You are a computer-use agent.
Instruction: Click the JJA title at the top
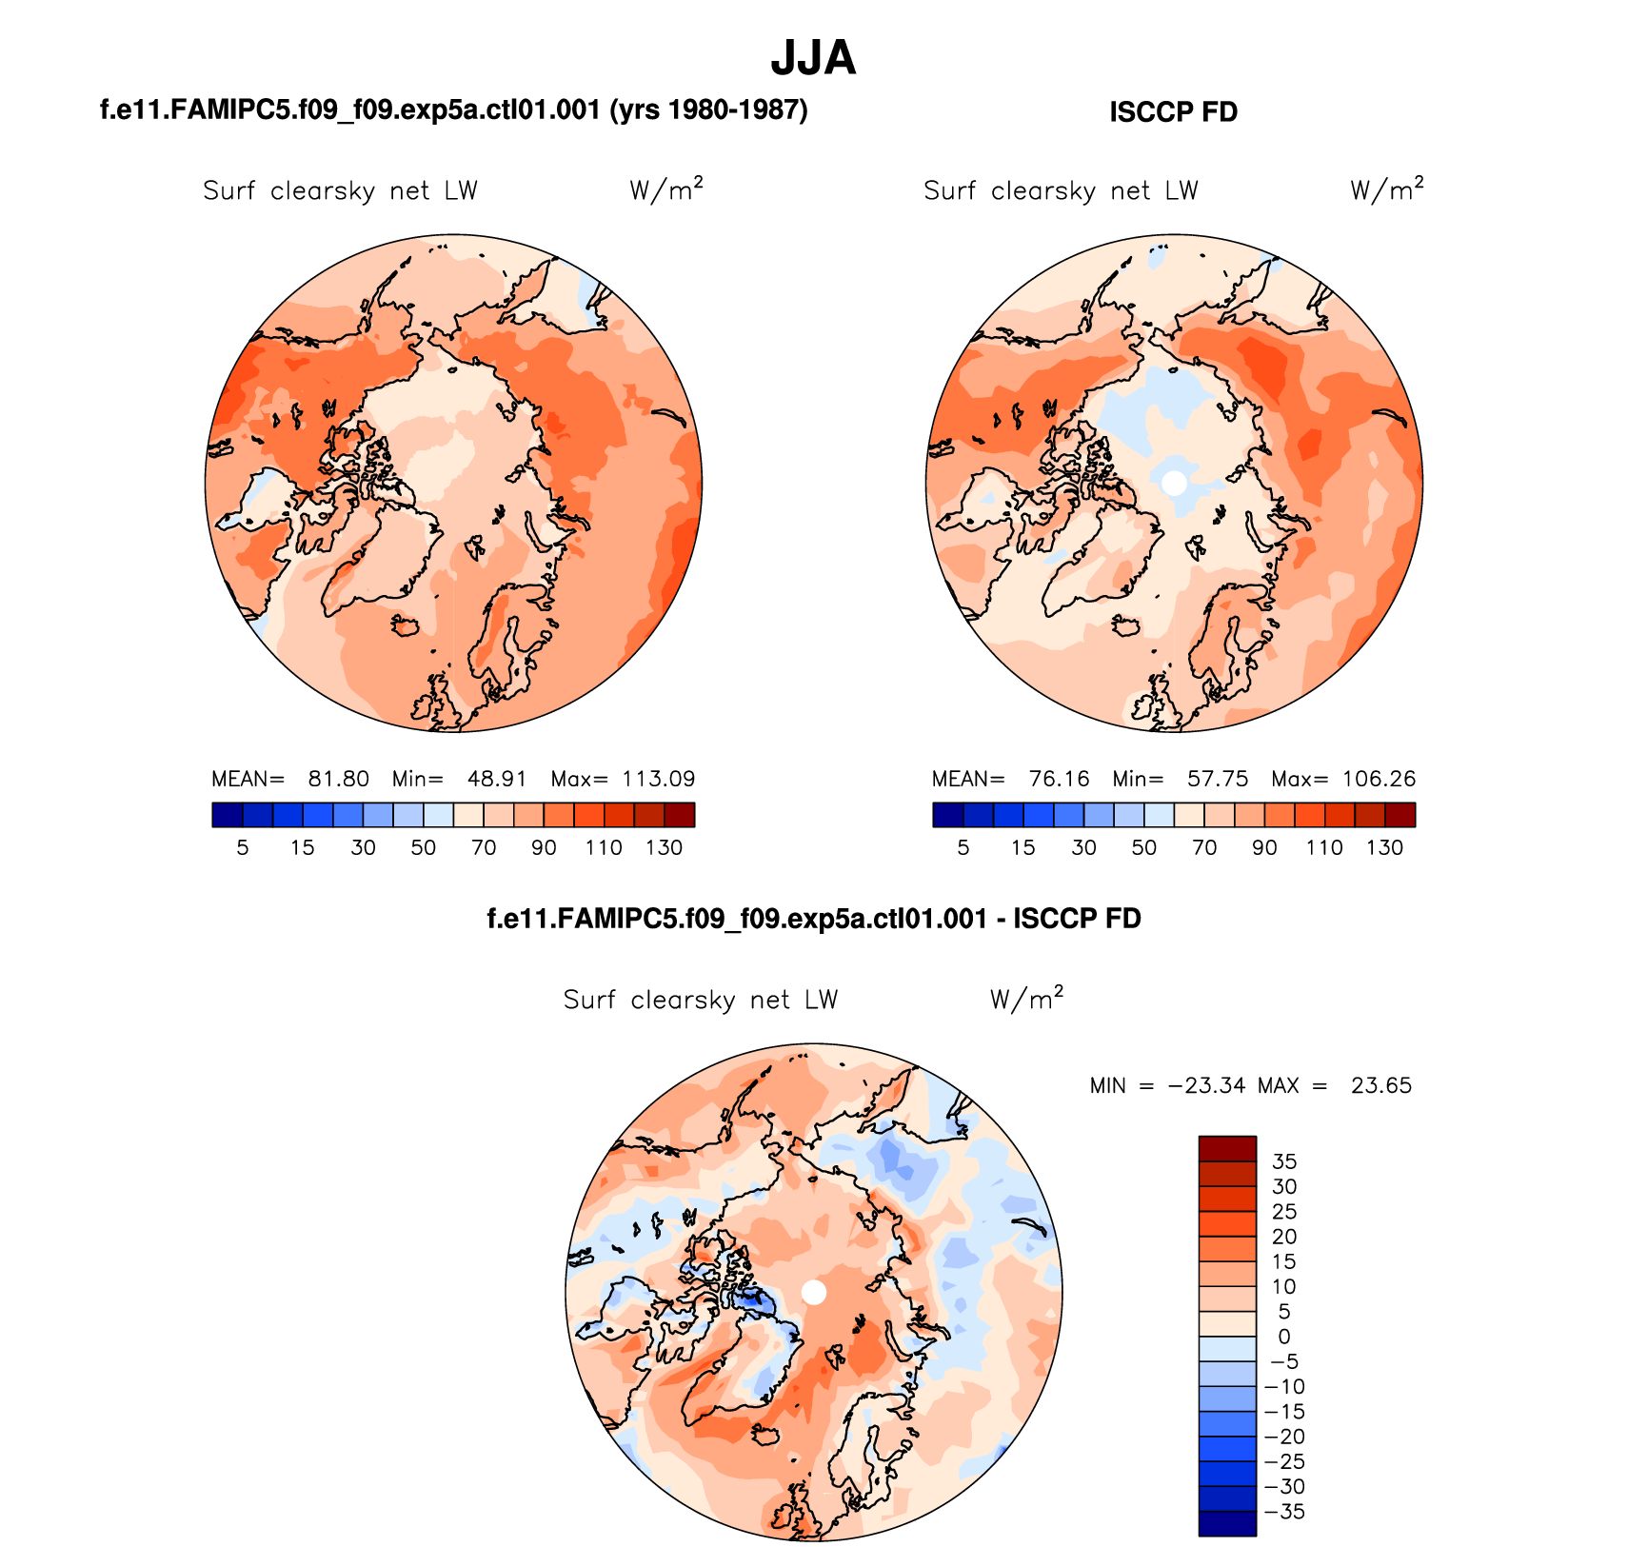click(x=813, y=59)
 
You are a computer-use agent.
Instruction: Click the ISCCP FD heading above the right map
click(x=1173, y=112)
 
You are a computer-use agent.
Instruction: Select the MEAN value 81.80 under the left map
click(x=338, y=779)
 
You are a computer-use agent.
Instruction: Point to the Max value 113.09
click(x=658, y=779)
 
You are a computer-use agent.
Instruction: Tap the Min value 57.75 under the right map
click(x=1217, y=779)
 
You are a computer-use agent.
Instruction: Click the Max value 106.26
click(x=1379, y=779)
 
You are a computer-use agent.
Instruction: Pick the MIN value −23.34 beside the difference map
click(x=1206, y=1085)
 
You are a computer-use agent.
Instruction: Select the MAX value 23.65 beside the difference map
click(x=1380, y=1085)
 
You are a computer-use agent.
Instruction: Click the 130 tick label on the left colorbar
click(x=664, y=848)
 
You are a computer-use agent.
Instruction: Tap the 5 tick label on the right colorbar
click(x=963, y=848)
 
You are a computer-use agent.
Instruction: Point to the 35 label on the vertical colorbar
click(x=1284, y=1161)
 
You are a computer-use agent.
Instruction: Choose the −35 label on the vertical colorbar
click(x=1284, y=1512)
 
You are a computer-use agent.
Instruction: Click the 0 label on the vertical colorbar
click(x=1284, y=1337)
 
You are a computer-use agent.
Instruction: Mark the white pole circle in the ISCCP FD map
click(x=1175, y=482)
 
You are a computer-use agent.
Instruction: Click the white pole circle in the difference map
click(x=814, y=1292)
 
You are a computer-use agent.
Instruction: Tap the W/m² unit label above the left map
click(x=665, y=189)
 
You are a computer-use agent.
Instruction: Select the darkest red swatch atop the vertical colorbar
click(x=1227, y=1148)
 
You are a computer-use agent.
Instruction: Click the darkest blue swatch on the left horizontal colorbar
click(x=228, y=815)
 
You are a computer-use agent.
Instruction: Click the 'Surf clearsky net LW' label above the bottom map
click(x=700, y=1000)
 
